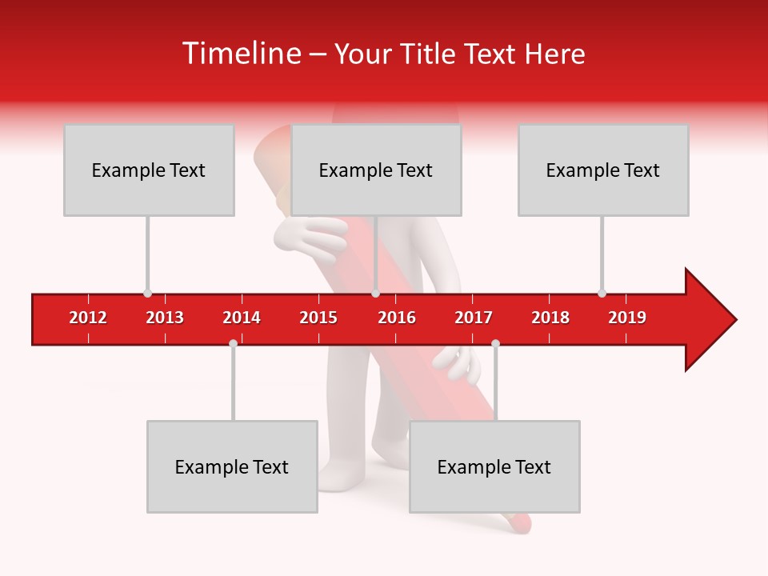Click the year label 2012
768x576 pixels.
click(x=88, y=318)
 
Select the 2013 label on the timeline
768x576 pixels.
click(x=165, y=318)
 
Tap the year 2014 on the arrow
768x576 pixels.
click(x=242, y=318)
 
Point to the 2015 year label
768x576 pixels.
click(x=318, y=318)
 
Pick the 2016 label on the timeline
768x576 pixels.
click(x=397, y=318)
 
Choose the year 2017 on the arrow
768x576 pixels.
click(x=474, y=318)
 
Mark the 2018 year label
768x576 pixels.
click(x=550, y=318)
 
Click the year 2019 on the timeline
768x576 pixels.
click(x=627, y=318)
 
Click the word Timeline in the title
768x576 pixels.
click(x=239, y=54)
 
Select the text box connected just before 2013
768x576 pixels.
click(x=149, y=170)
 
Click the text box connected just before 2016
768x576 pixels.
click(x=376, y=170)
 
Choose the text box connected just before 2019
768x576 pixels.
click(x=603, y=170)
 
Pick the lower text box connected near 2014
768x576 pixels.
click(x=232, y=466)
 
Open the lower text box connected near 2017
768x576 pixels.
click(x=494, y=466)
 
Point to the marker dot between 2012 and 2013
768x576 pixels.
click(x=147, y=293)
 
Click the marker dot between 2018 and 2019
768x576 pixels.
click(x=602, y=293)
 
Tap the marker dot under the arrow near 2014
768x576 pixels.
click(x=233, y=343)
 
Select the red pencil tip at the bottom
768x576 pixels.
click(x=518, y=523)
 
